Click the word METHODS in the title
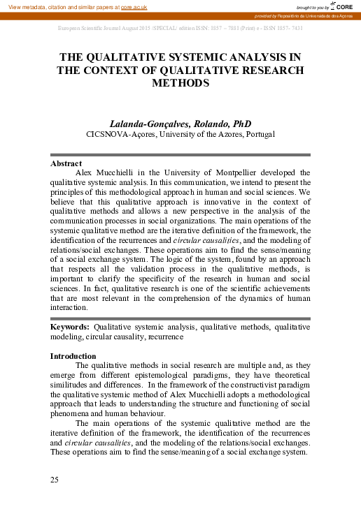[180, 82]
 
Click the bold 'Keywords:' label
[70, 326]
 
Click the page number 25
[55, 479]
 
